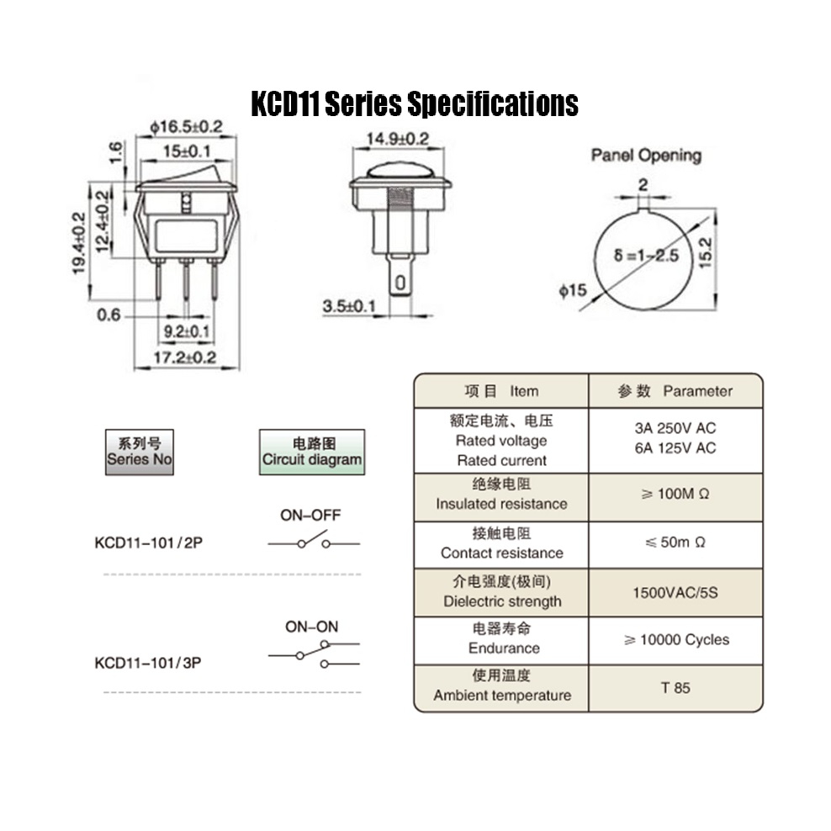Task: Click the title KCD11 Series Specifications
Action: click(415, 103)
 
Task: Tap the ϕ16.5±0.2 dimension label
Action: click(186, 127)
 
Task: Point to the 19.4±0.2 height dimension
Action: click(79, 243)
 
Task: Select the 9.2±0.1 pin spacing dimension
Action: click(187, 331)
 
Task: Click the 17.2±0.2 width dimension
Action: click(185, 357)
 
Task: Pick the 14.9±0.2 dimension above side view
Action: click(398, 139)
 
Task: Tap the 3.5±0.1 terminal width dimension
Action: click(349, 306)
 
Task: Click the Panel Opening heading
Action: click(646, 156)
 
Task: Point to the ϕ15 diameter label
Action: click(573, 290)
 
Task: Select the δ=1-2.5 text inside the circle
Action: click(646, 256)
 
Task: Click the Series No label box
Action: click(140, 452)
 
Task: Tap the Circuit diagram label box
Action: click(312, 452)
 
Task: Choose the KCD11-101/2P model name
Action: click(148, 543)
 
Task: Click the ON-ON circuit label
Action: click(311, 627)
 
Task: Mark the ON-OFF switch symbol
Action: click(314, 541)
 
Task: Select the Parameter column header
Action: click(675, 391)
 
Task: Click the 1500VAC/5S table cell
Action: click(675, 592)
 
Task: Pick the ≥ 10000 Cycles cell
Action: click(675, 640)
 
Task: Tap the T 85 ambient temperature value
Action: click(675, 688)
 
